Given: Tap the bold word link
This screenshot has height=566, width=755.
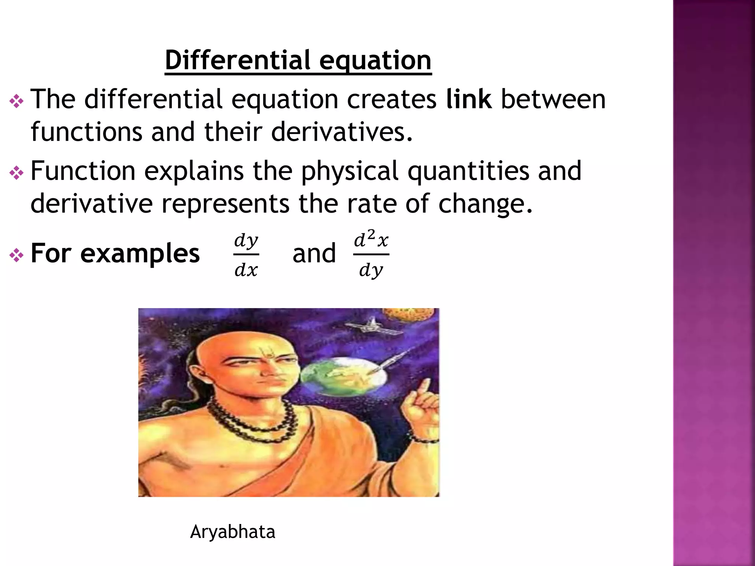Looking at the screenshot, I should [x=469, y=99].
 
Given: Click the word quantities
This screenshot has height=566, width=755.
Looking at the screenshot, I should [x=468, y=171].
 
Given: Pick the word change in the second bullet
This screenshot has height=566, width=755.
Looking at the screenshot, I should [x=485, y=203].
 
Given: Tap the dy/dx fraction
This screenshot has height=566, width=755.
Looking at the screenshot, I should [x=246, y=255].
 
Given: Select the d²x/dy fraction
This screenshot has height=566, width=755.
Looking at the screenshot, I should [x=371, y=254].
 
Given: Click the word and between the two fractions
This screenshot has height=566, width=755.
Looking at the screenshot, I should [x=314, y=254].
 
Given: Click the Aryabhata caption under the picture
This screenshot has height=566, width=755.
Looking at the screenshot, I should [x=233, y=532].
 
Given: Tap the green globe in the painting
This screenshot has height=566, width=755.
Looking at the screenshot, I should [x=343, y=380].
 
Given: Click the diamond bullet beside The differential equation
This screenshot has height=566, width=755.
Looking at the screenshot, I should [x=17, y=101].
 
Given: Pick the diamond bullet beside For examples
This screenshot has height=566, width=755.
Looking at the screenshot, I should [x=17, y=255].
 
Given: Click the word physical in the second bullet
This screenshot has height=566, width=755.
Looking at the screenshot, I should [x=350, y=171].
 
